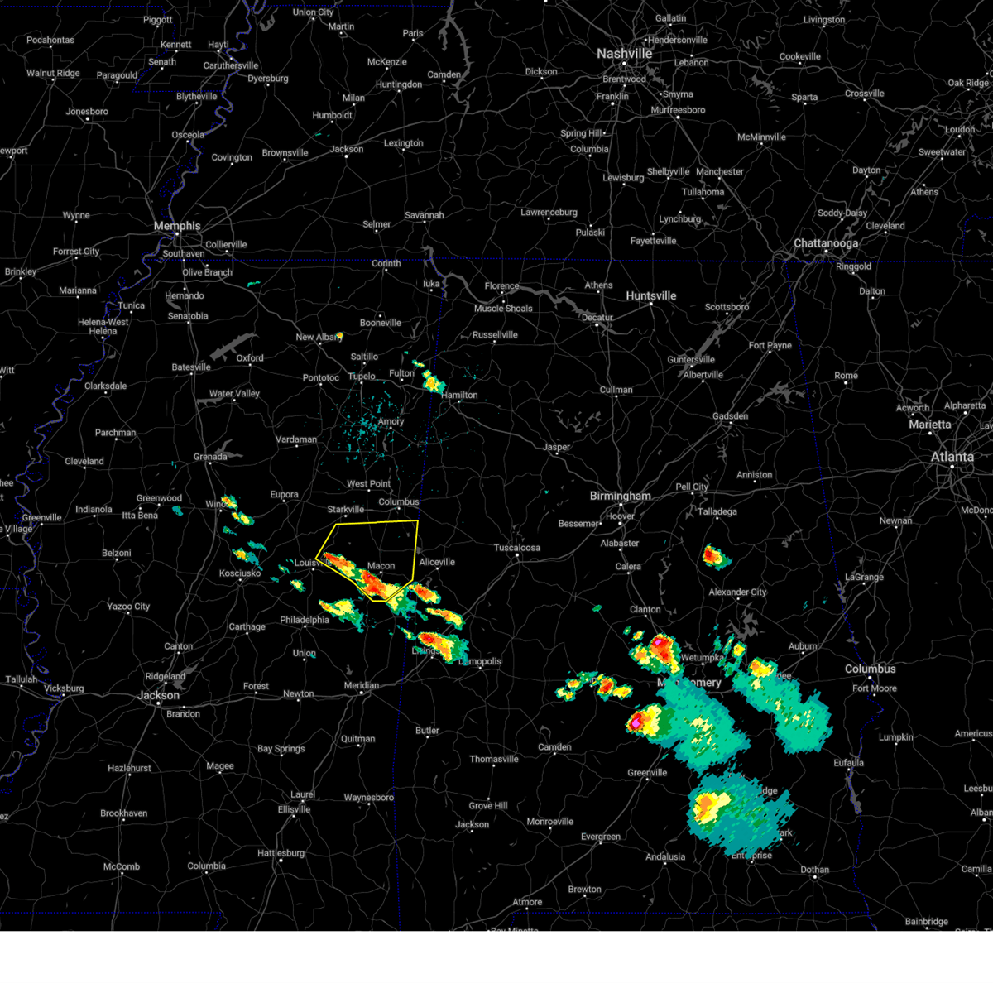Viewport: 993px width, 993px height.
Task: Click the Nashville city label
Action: [624, 54]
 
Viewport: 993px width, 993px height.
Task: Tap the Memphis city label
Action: [176, 226]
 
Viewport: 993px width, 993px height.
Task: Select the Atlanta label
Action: [952, 457]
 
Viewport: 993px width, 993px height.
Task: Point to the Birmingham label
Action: [620, 496]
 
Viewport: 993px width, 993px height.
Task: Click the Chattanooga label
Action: [825, 243]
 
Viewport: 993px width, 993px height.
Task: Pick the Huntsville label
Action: [650, 296]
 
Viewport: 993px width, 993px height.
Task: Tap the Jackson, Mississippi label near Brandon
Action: [158, 696]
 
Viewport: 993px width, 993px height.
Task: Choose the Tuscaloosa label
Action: [516, 548]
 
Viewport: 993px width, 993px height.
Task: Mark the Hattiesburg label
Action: [281, 853]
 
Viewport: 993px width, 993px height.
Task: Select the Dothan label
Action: [814, 870]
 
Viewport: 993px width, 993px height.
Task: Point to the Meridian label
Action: [361, 685]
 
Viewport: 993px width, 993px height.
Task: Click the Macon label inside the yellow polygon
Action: [381, 566]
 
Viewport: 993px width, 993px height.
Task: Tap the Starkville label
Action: [345, 510]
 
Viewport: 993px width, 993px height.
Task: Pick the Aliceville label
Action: [437, 562]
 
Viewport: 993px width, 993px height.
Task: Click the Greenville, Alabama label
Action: [646, 773]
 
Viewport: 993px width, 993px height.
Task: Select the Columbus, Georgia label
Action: [870, 669]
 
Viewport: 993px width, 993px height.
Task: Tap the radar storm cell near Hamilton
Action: [431, 381]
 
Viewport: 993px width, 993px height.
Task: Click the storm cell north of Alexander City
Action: [714, 556]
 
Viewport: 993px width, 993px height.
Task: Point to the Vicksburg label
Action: [64, 688]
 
